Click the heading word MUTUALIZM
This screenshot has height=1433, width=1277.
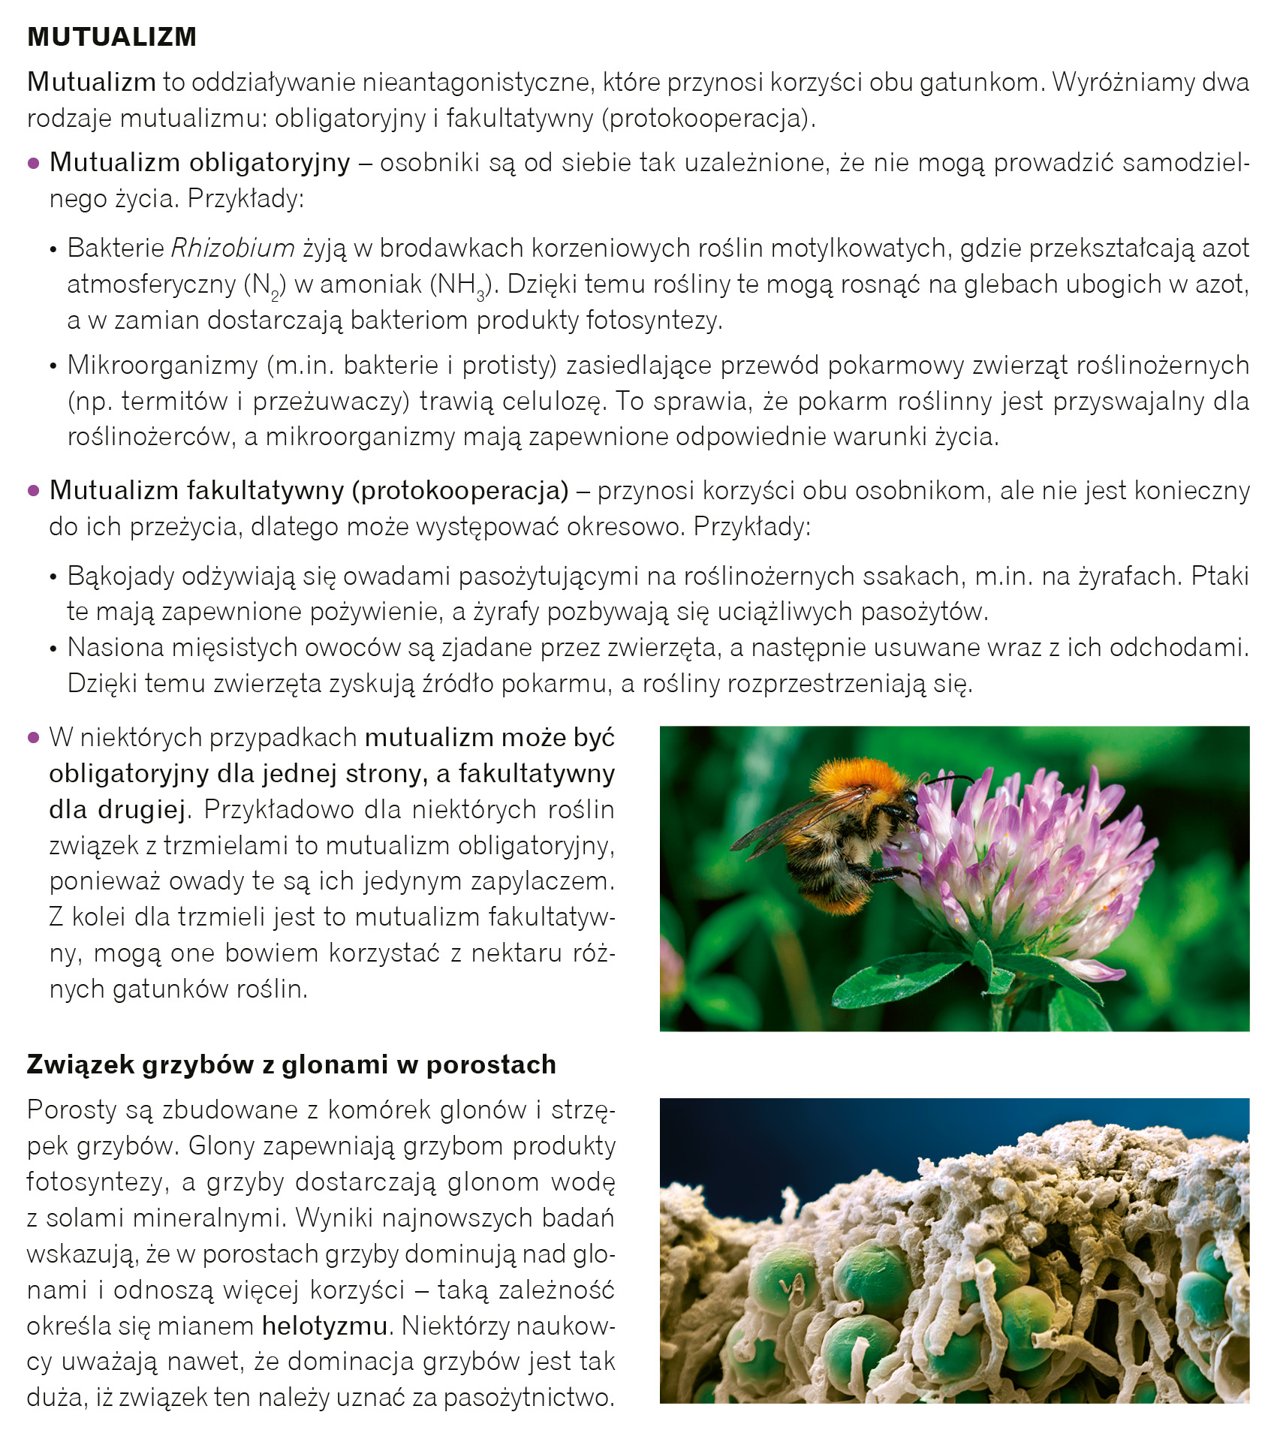click(x=112, y=37)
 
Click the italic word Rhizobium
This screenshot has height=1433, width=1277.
click(x=233, y=248)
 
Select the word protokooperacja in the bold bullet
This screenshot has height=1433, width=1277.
click(x=461, y=490)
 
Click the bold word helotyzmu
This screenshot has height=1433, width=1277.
click(x=324, y=1326)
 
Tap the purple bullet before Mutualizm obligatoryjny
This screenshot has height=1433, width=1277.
click(x=33, y=163)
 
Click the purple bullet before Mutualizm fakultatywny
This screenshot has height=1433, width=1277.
click(x=33, y=491)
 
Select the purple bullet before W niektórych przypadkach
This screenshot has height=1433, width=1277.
click(x=33, y=738)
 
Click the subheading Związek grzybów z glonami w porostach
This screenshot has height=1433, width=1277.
click(x=291, y=1064)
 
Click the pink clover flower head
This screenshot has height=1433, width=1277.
click(x=1029, y=863)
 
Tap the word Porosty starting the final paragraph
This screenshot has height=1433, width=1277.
click(x=73, y=1109)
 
